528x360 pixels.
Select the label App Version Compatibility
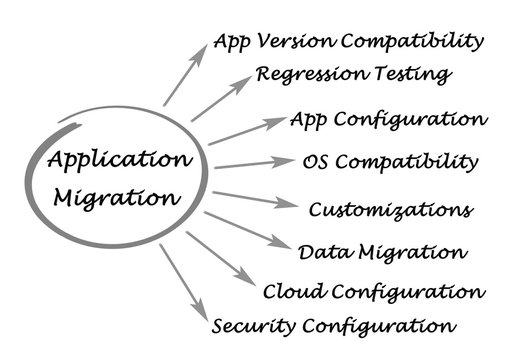pos(348,42)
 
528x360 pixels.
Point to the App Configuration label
pos(388,120)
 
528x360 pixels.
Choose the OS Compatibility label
pos(390,161)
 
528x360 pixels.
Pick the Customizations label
pos(390,210)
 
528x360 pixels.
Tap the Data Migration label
pos(382,252)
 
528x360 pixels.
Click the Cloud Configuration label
pos(374,291)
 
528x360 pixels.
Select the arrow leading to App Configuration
pos(246,131)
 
